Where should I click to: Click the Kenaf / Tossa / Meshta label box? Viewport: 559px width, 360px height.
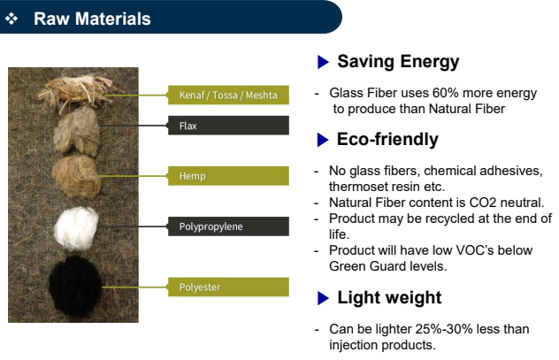228,95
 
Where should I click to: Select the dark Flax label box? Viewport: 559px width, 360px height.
228,125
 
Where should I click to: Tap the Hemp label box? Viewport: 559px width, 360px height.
228,176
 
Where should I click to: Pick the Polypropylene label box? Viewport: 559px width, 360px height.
228,226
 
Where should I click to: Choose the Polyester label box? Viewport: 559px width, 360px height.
228,287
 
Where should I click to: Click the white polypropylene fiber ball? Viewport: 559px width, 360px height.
76,228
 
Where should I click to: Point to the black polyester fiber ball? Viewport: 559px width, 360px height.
75,287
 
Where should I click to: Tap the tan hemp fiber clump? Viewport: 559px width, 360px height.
76,176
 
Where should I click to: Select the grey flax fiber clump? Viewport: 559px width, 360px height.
77,131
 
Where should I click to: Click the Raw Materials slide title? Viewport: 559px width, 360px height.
92,19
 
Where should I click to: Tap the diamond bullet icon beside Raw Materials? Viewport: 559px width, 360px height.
11,19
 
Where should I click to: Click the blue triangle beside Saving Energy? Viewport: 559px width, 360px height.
323,62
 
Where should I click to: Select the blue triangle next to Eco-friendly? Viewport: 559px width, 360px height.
323,140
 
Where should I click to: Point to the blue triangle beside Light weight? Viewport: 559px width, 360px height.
323,298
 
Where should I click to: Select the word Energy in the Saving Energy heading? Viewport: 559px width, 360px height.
430,62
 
